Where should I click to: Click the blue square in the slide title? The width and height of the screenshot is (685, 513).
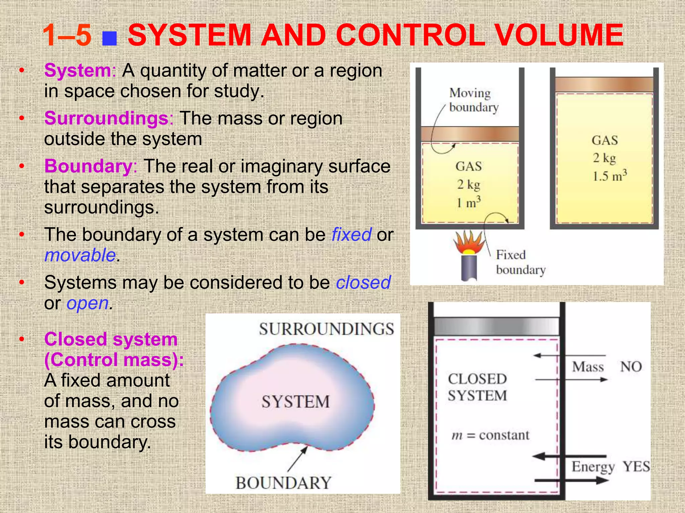click(109, 39)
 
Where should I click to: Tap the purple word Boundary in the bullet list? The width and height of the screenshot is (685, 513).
click(88, 166)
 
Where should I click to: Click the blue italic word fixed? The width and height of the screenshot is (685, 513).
click(351, 234)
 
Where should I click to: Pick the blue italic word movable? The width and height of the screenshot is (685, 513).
click(80, 255)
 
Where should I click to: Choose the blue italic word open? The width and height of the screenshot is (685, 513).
click(88, 303)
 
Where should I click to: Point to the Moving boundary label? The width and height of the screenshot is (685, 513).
click(473, 100)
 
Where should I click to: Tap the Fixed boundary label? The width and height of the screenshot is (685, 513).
click(520, 262)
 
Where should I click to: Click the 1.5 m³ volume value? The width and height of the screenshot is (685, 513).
click(609, 176)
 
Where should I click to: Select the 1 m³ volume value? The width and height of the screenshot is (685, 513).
click(468, 202)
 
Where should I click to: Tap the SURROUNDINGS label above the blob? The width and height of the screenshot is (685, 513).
click(326, 329)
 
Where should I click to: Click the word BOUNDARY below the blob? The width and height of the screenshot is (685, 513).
click(283, 483)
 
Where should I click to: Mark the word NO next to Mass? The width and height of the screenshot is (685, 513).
click(631, 367)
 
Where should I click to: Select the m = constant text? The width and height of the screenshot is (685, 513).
click(490, 435)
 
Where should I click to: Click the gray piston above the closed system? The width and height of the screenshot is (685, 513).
click(496, 325)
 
